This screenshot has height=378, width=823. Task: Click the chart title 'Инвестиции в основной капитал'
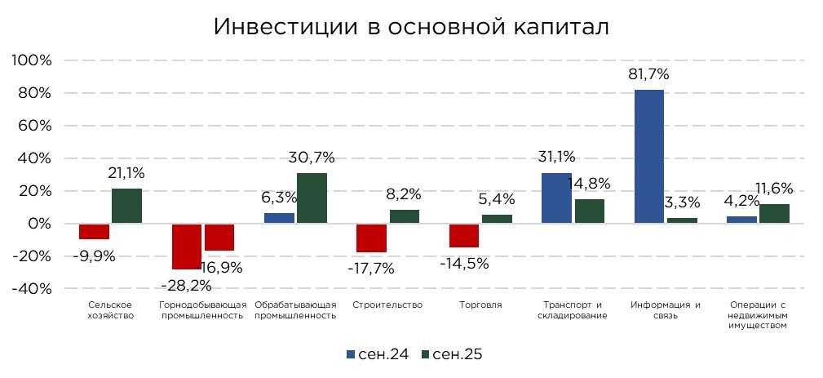[411, 26]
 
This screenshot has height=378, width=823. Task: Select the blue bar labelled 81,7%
[648, 156]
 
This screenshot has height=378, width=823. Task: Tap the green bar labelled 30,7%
[312, 198]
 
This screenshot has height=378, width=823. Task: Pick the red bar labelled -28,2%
[186, 246]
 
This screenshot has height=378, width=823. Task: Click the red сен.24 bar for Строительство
[371, 238]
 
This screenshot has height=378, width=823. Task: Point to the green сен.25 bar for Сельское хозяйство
[126, 206]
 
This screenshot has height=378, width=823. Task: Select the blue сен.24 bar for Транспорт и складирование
[556, 198]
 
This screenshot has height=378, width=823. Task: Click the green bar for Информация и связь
[682, 220]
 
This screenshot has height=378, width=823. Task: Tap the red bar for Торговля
[463, 235]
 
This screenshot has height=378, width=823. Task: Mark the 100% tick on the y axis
[31, 61]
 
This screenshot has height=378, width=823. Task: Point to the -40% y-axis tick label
[31, 289]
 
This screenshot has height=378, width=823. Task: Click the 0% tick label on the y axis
[38, 224]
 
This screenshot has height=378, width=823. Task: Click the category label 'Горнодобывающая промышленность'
[201, 310]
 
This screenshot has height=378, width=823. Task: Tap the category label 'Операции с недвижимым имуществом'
[759, 315]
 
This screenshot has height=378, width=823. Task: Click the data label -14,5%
[466, 264]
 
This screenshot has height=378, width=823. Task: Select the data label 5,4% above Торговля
[498, 198]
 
